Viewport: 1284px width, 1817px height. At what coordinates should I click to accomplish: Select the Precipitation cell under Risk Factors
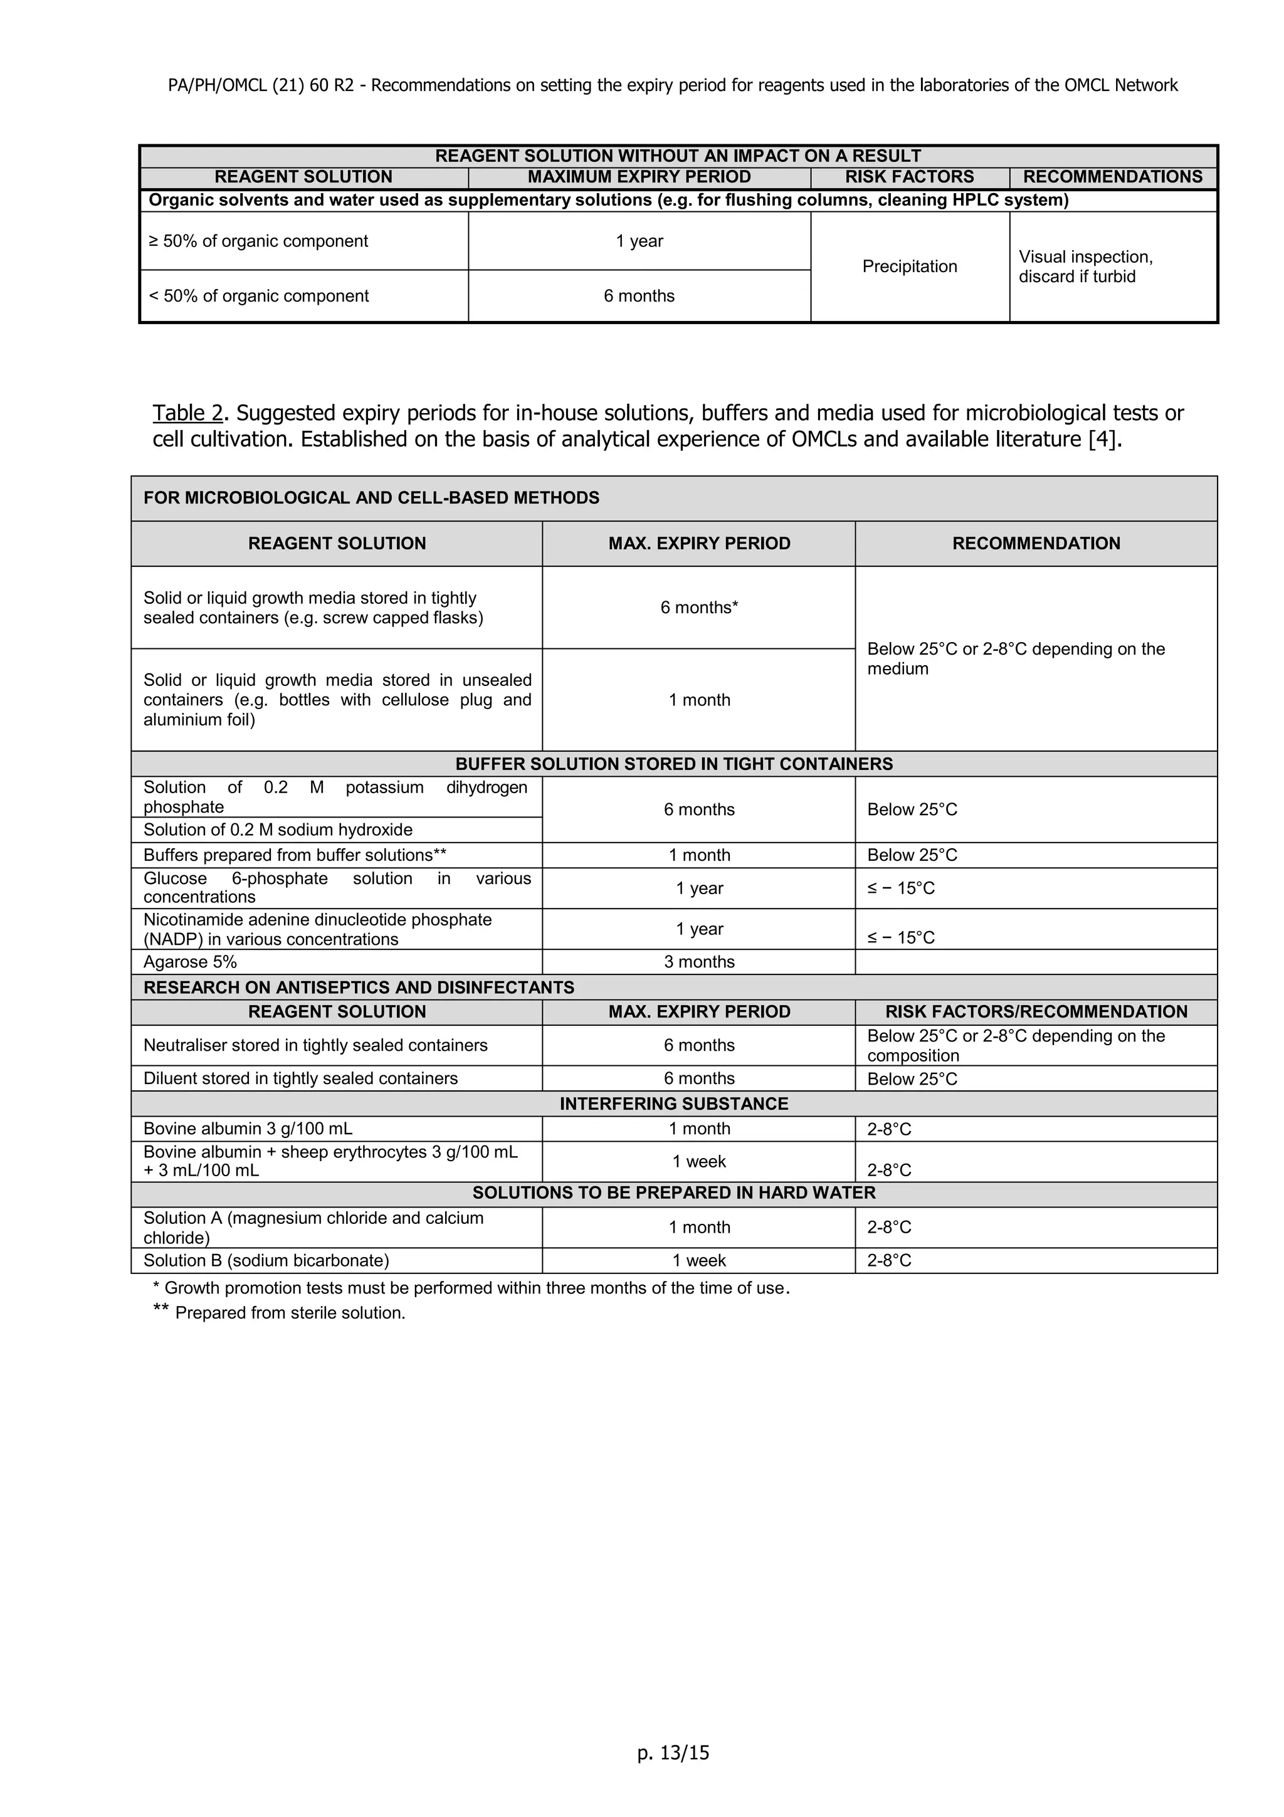pos(909,266)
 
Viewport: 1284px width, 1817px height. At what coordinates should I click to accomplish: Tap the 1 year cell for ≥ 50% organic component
pos(639,241)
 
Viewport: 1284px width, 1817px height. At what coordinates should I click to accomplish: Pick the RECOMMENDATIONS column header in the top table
pos(1112,177)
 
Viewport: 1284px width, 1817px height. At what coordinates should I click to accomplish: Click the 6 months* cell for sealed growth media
pos(698,608)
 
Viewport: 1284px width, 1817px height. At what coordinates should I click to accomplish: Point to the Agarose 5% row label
pos(190,962)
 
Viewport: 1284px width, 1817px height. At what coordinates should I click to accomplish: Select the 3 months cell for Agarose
pos(698,962)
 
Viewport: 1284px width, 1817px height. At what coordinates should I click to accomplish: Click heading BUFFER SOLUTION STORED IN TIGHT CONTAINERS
pos(673,764)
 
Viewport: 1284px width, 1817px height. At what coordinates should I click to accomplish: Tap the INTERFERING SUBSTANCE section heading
pos(673,1104)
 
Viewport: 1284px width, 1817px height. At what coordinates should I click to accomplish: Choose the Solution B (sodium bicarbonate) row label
pos(266,1261)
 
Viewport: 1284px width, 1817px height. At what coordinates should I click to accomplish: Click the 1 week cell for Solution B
pos(698,1261)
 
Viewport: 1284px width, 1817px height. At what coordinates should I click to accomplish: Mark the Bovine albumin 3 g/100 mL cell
pos(248,1129)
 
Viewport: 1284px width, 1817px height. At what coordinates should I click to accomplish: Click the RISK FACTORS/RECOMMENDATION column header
pos(1036,1012)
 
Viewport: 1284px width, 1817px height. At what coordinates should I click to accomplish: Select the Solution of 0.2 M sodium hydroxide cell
pos(278,830)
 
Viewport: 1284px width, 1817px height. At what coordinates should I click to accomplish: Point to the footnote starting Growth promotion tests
pos(471,1288)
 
